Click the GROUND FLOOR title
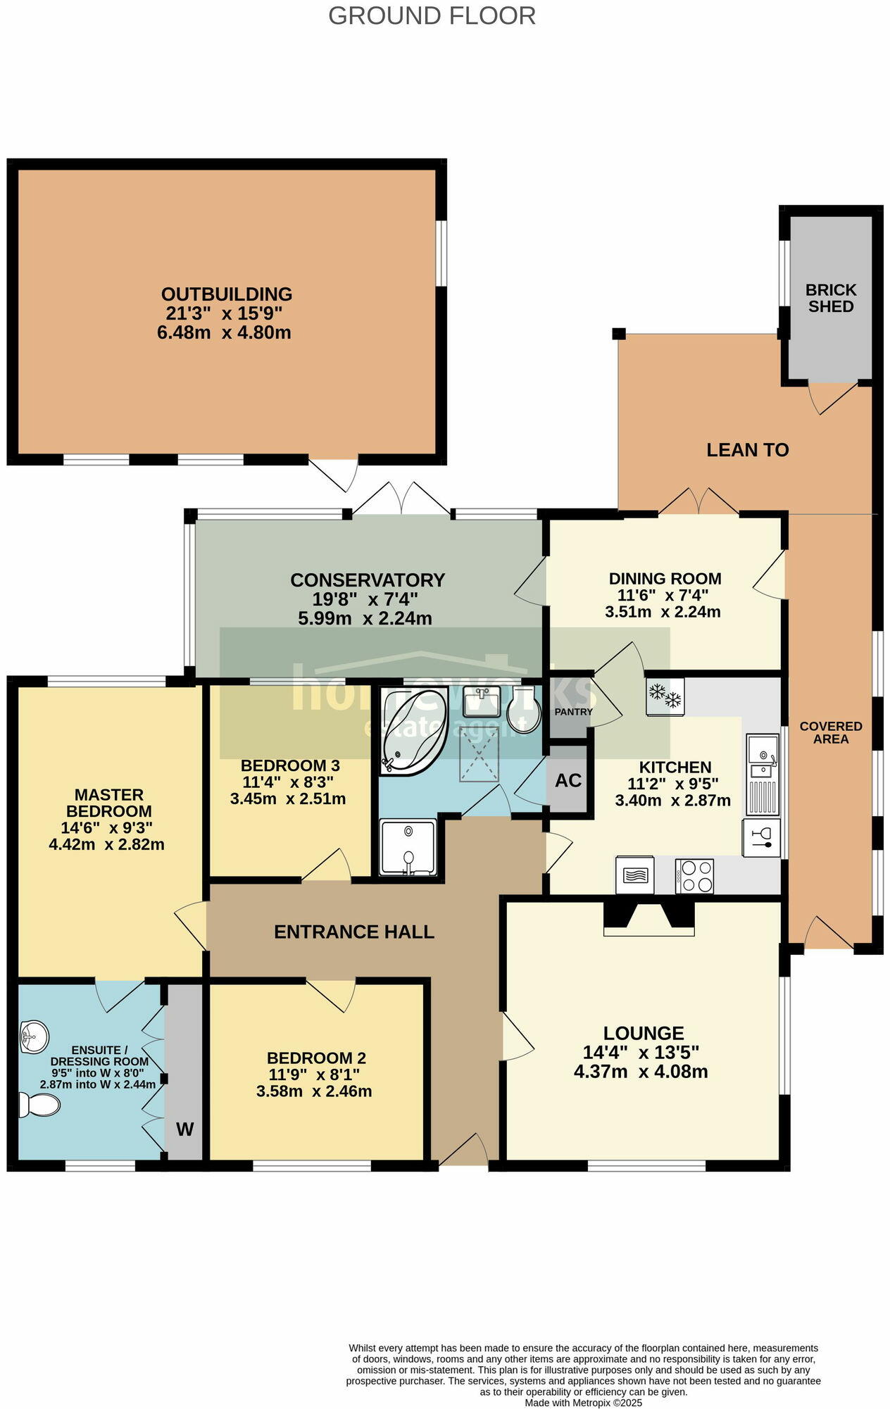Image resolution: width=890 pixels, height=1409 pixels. point(432,15)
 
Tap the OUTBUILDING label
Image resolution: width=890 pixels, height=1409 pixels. point(226,294)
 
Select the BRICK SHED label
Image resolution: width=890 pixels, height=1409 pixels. point(831,299)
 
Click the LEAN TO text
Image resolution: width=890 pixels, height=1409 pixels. point(747,450)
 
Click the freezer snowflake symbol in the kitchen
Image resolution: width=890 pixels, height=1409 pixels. point(665,696)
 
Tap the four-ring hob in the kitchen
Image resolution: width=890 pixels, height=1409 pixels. point(695,876)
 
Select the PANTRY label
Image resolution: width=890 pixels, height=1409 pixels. point(573,712)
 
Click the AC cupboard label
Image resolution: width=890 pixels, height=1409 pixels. point(568,780)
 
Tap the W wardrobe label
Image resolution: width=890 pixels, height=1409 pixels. point(184,1129)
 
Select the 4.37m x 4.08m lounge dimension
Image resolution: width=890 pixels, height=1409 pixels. point(641,1072)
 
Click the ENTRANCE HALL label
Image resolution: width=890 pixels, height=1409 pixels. point(353,932)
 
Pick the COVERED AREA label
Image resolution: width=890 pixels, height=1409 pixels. point(831,732)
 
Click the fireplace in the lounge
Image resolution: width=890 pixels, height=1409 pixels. point(649,918)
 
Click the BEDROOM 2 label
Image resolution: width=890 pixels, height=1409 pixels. point(316,1058)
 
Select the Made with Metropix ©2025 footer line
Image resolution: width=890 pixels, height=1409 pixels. point(583,1403)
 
